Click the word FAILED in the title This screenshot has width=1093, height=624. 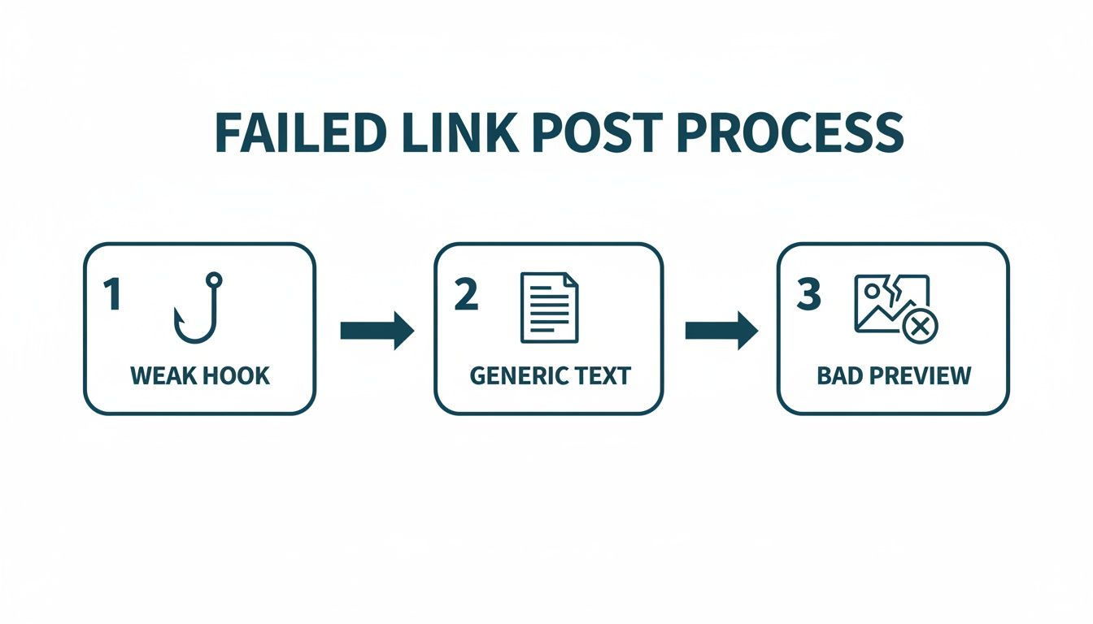[x=298, y=132]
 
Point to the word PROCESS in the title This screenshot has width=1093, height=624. [x=790, y=132]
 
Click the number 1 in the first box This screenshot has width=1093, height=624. [x=111, y=295]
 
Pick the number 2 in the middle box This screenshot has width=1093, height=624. [x=465, y=295]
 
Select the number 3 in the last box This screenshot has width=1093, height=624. [x=808, y=295]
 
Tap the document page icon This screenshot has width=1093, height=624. [x=549, y=307]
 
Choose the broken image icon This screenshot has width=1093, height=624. [x=891, y=304]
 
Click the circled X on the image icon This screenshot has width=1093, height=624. [x=921, y=327]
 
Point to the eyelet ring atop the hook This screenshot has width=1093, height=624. [x=214, y=280]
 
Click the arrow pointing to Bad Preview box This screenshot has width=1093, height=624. [x=721, y=331]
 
